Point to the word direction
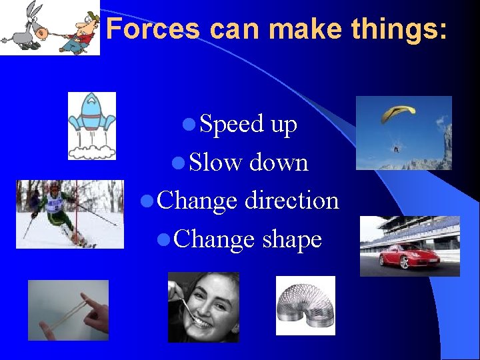pyautogui.click(x=291, y=200)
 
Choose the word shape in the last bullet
pyautogui.click(x=292, y=239)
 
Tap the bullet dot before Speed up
pyautogui.click(x=189, y=125)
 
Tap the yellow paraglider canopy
pyautogui.click(x=398, y=113)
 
